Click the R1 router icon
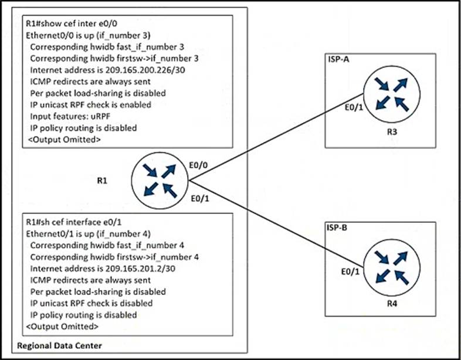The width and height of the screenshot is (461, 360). [x=160, y=181]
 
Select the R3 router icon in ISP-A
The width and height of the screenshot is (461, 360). [x=392, y=94]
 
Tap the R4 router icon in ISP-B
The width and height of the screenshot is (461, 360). [x=392, y=267]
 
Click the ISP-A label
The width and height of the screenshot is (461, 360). [x=337, y=59]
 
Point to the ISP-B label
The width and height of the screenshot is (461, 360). [x=337, y=227]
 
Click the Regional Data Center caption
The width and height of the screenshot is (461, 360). [x=59, y=345]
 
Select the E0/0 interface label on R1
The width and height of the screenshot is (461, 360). [x=198, y=165]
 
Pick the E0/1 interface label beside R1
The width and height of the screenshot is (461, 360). [x=200, y=199]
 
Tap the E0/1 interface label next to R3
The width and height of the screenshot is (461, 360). [x=354, y=107]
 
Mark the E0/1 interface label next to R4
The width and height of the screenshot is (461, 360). [x=350, y=271]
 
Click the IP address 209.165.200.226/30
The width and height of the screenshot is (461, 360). [x=145, y=70]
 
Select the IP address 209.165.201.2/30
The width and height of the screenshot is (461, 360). [x=140, y=269]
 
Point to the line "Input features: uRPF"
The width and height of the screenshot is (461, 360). [x=70, y=116]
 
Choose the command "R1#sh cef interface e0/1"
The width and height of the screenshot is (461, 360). [x=73, y=222]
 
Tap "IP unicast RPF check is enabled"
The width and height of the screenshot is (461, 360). [x=90, y=104]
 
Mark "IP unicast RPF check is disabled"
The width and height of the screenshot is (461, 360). [x=91, y=303]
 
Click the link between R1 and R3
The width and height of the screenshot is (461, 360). [x=276, y=137]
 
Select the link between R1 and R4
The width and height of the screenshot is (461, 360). [x=276, y=223]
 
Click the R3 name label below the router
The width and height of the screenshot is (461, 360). [x=392, y=132]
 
